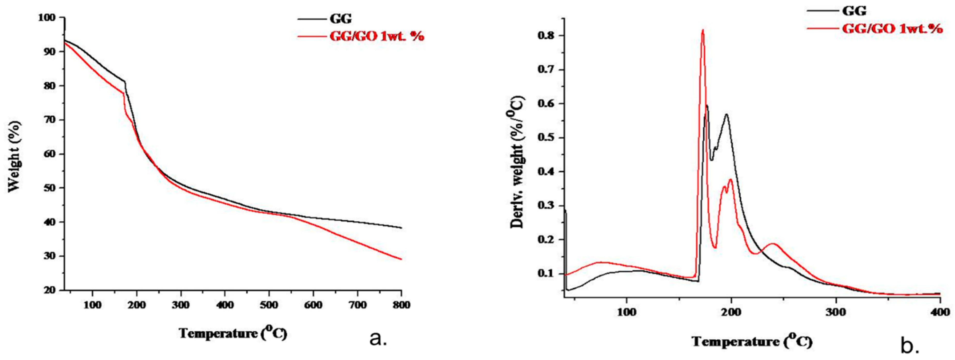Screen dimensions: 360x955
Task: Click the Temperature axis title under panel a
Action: (233, 333)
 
